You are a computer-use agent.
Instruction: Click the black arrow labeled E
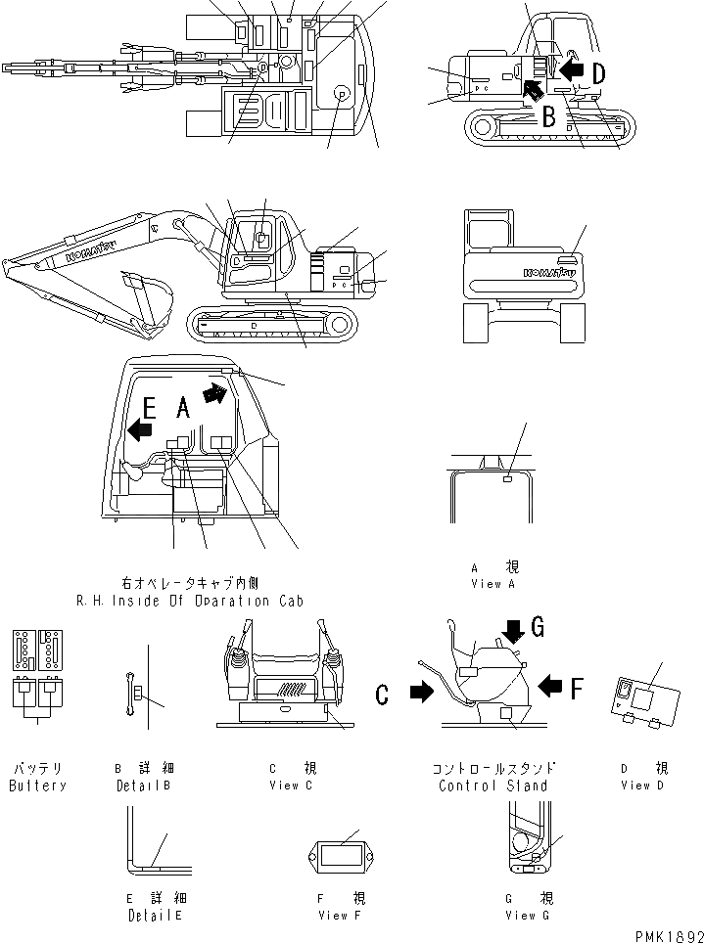pos(140,428)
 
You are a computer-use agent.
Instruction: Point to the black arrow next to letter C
pos(420,694)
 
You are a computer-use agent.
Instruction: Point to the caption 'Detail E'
pos(155,915)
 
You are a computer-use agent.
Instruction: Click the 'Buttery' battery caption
pos(37,786)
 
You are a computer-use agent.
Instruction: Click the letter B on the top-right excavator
pos(550,117)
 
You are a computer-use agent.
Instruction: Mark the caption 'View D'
pos(635,786)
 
